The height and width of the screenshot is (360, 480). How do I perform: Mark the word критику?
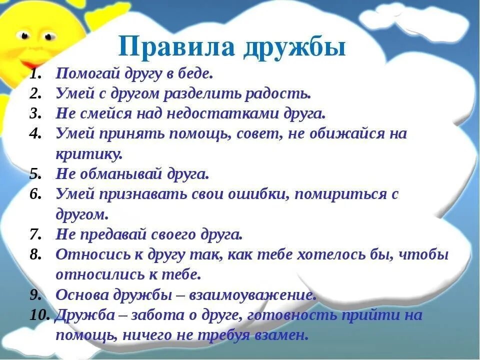88,154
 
